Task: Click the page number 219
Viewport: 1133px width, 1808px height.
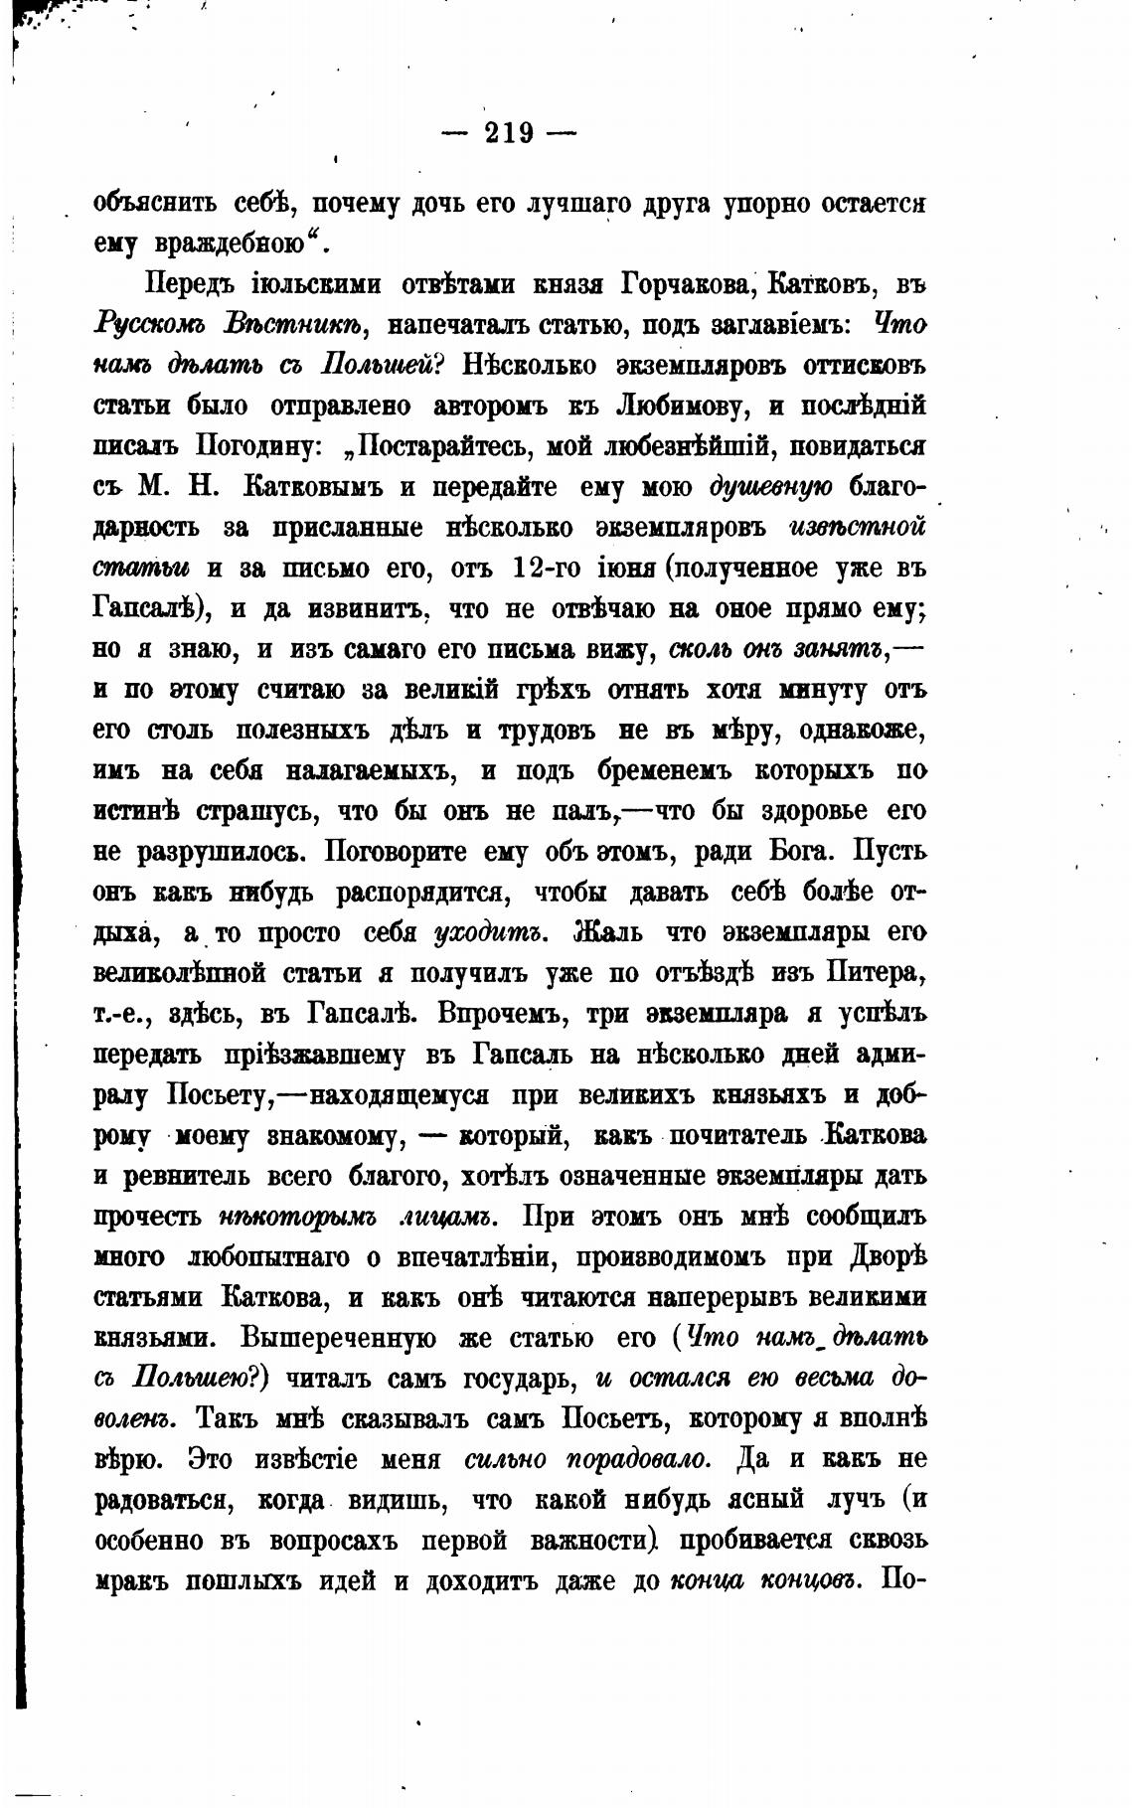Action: click(509, 132)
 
